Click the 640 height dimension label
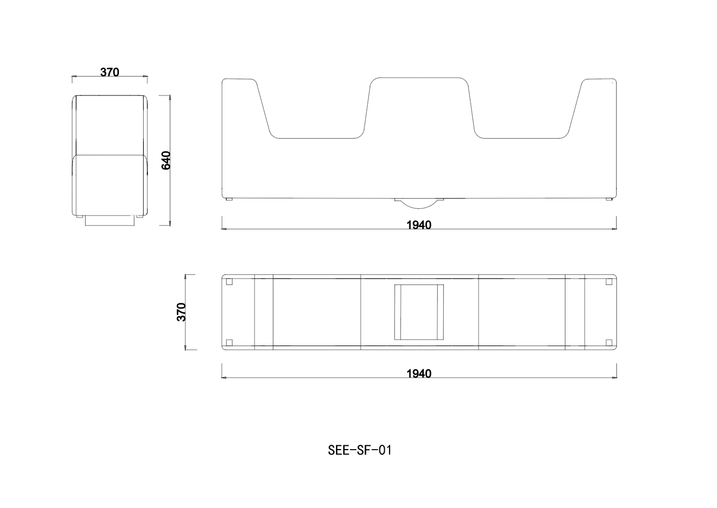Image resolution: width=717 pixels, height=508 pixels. tap(167, 160)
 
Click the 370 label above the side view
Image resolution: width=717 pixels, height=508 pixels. tap(110, 72)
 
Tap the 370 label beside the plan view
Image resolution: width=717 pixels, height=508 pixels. tap(182, 312)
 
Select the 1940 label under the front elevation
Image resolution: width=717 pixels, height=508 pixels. tap(419, 225)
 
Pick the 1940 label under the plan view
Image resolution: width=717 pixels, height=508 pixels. tap(419, 373)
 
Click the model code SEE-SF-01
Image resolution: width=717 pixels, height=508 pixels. tap(360, 450)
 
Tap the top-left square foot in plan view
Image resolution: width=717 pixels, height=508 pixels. tap(229, 282)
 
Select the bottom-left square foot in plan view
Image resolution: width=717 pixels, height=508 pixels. tap(229, 342)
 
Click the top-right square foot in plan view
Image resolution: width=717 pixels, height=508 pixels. tap(609, 282)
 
